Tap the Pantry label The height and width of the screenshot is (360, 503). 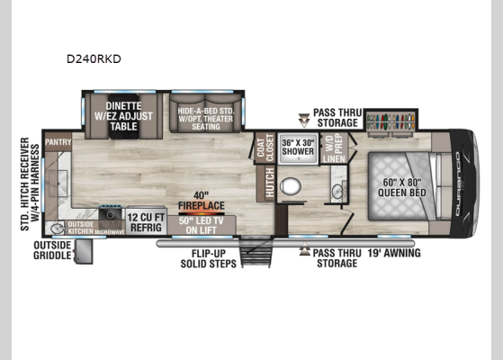pos(58,140)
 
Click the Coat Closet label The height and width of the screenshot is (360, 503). pos(265,148)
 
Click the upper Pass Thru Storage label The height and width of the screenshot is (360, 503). pos(337,118)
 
